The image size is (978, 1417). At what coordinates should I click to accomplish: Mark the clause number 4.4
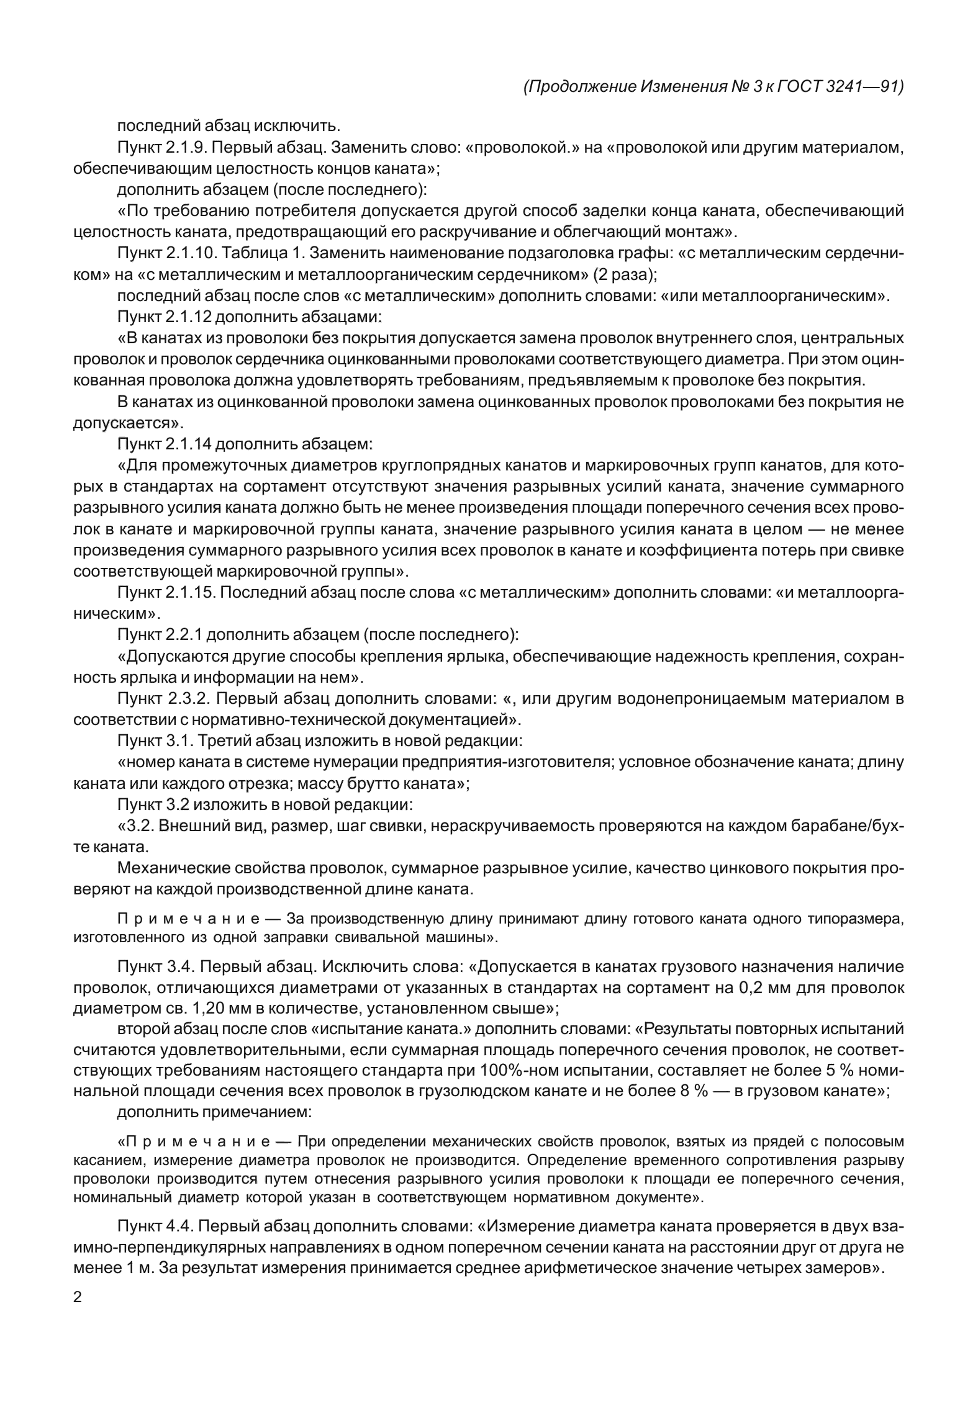tap(175, 1226)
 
